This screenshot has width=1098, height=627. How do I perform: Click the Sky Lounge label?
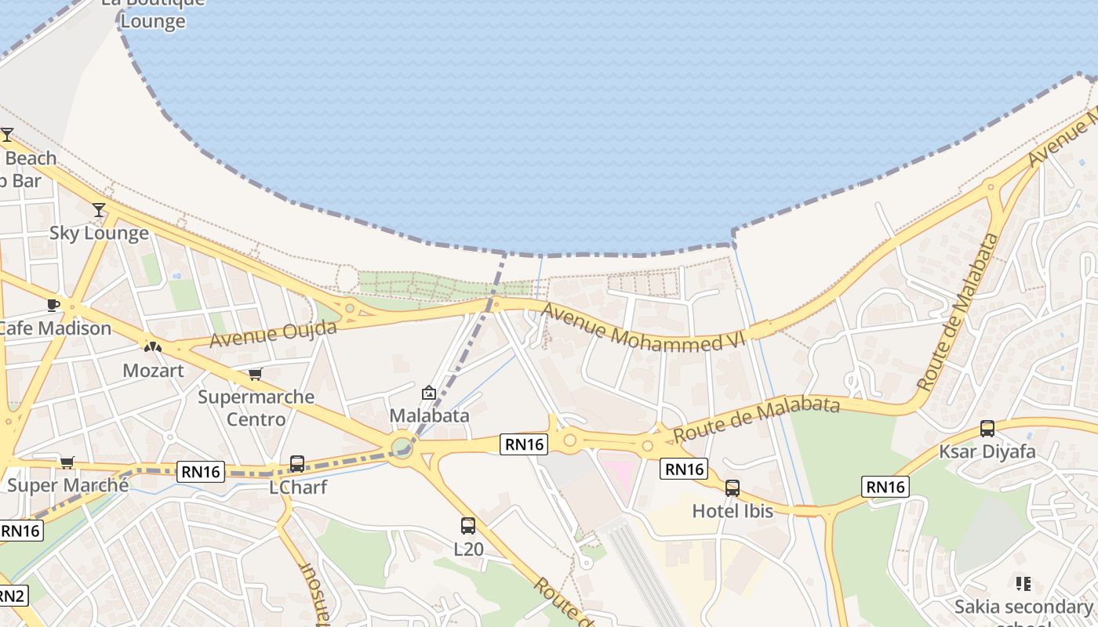click(99, 233)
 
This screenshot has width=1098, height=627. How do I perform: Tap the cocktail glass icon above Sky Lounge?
click(99, 210)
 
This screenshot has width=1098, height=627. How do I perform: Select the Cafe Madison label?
click(55, 328)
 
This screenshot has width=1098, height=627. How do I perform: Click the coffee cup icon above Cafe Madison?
click(53, 305)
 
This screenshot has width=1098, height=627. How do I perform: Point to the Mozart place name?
click(153, 370)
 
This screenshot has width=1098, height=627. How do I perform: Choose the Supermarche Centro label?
click(256, 408)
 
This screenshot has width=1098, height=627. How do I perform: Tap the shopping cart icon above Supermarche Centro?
click(255, 374)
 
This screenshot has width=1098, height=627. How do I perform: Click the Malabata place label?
click(429, 415)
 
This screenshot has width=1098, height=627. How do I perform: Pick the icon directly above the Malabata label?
click(429, 393)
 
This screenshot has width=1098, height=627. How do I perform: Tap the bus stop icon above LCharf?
click(297, 464)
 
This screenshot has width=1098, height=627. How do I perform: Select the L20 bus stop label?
click(468, 549)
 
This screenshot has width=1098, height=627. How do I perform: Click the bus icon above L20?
click(468, 526)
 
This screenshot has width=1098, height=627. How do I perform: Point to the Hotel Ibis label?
click(733, 511)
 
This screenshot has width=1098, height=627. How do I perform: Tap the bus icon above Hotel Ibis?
click(733, 488)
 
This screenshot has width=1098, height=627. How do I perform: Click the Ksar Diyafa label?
click(987, 451)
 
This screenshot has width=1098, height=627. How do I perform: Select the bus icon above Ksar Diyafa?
click(987, 429)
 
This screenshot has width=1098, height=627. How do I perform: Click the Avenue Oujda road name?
click(273, 334)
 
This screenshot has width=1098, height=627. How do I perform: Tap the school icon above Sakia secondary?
click(1023, 584)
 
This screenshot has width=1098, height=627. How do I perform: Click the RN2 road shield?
click(12, 596)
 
